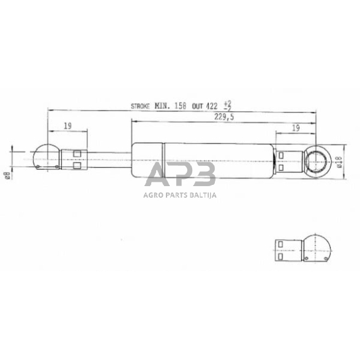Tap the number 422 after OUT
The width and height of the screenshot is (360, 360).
coord(211,106)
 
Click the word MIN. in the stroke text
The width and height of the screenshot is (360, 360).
coord(163,106)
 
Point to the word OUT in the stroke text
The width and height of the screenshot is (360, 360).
coord(197,106)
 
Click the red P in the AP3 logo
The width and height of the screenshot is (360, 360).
coord(179,176)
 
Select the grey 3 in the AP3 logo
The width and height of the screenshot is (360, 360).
coord(204,176)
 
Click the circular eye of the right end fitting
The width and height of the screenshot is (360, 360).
coord(318,161)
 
